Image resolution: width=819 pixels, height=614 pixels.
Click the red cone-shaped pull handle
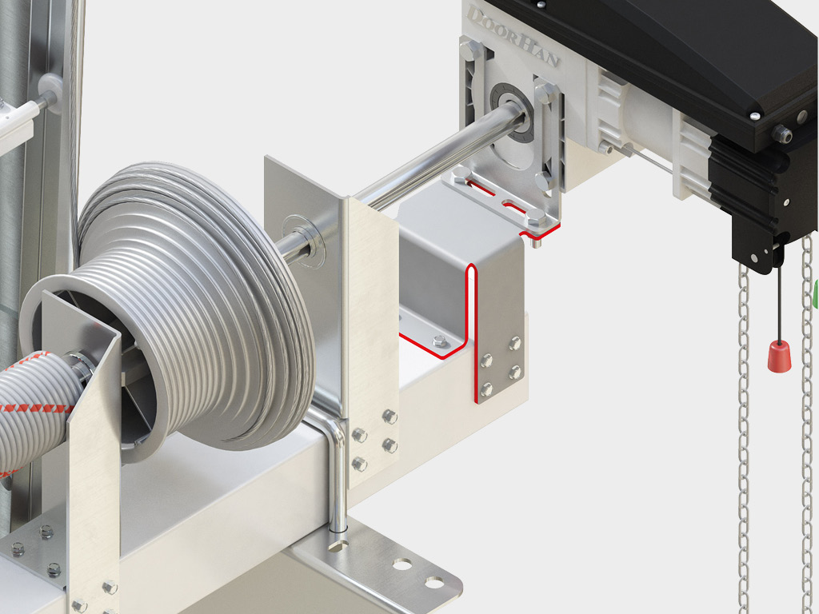pyautogui.click(x=779, y=357)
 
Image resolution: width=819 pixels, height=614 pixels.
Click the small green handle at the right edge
pyautogui.click(x=815, y=294)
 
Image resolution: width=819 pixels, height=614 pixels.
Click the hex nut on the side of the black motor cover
pyautogui.click(x=783, y=134)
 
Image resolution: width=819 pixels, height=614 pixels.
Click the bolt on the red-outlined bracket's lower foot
pyautogui.click(x=438, y=341)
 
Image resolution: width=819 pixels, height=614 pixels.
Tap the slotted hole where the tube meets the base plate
pyautogui.click(x=339, y=543)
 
